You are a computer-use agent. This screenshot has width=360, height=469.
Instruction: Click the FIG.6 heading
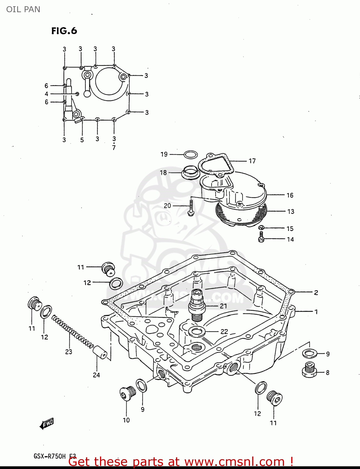[x=64, y=31]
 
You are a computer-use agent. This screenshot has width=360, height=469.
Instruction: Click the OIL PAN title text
[x=23, y=9]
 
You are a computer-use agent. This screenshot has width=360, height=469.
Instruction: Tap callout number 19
[x=164, y=154]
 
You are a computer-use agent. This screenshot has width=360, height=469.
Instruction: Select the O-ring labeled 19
[x=191, y=154]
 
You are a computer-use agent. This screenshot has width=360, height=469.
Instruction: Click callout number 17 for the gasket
[x=252, y=161]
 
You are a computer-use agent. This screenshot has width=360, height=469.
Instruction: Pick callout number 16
[x=290, y=195]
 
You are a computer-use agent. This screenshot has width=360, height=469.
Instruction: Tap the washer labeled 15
[x=262, y=227]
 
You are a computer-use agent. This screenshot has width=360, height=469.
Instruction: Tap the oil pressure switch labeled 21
[x=196, y=305]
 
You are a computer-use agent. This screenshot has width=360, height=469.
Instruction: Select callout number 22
[x=224, y=331]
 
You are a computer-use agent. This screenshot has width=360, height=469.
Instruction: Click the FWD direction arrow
[x=47, y=424]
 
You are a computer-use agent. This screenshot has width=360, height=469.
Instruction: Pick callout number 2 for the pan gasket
[x=316, y=293]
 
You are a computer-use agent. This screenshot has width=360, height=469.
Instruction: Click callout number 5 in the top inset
[x=82, y=140]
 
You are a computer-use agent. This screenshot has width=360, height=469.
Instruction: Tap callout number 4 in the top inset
[x=47, y=94]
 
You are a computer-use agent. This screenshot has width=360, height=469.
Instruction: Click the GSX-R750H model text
[x=50, y=456]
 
